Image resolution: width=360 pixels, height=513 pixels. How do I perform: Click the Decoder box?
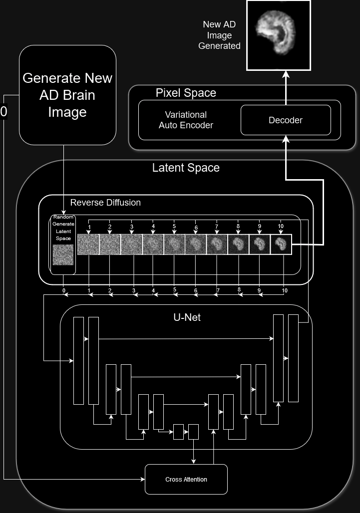click(286, 120)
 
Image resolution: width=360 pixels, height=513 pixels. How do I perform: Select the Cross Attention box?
click(186, 479)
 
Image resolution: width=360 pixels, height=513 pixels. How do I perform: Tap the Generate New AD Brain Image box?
click(67, 95)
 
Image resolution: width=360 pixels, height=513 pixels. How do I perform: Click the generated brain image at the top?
click(279, 35)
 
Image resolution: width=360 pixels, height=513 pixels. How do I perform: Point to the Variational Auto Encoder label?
click(186, 120)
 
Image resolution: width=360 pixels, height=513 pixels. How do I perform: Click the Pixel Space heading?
click(186, 93)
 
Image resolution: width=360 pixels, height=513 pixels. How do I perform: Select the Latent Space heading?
click(186, 168)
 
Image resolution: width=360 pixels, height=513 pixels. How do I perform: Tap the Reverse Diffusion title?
click(105, 203)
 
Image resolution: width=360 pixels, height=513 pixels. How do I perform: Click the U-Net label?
click(187, 317)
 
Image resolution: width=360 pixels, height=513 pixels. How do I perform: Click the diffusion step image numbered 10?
click(281, 245)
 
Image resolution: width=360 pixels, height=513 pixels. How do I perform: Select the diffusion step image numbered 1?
click(88, 245)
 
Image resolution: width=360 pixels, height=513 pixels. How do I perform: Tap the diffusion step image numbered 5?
click(174, 245)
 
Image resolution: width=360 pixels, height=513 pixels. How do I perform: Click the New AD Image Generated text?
click(219, 35)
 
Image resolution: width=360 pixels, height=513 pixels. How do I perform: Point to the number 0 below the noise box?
click(64, 290)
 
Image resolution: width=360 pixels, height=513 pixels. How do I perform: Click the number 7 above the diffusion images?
click(217, 227)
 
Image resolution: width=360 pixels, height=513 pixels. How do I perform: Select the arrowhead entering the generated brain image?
click(286, 74)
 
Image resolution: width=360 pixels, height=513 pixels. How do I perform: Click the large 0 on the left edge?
click(4, 112)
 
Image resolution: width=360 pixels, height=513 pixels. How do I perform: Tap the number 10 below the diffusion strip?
click(284, 290)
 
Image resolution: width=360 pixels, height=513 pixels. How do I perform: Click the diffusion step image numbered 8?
click(238, 245)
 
